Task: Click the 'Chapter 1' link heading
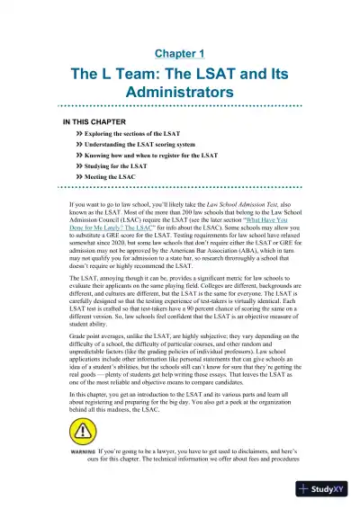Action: pyautogui.click(x=180, y=54)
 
